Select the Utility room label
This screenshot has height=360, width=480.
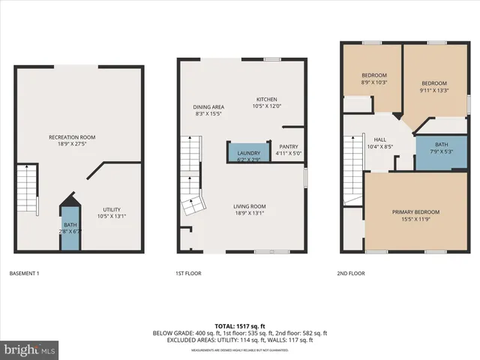(112, 209)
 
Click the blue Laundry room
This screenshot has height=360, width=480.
(248, 153)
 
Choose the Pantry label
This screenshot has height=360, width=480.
(289, 147)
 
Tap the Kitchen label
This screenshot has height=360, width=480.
(267, 99)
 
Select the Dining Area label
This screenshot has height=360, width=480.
(209, 107)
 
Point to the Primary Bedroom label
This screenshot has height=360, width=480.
(415, 212)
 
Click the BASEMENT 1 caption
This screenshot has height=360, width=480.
(24, 273)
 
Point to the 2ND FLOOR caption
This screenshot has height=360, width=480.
(351, 273)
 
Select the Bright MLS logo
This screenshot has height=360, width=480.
(30, 349)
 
